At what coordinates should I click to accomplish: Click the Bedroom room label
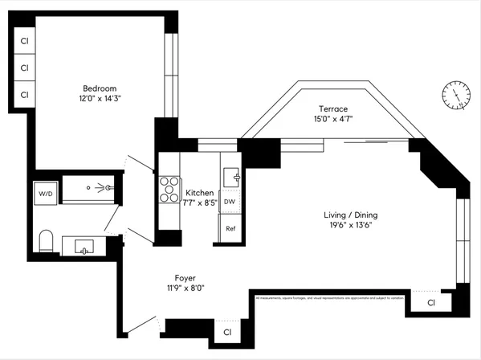pyautogui.click(x=100, y=88)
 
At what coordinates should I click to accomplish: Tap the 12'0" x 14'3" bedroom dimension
pyautogui.click(x=100, y=99)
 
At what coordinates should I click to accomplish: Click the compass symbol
pyautogui.click(x=455, y=96)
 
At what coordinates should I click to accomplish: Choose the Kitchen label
pyautogui.click(x=200, y=193)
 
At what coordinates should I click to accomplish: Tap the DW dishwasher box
pyautogui.click(x=230, y=202)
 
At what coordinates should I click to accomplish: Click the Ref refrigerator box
pyautogui.click(x=230, y=228)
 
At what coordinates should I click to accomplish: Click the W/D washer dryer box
pyautogui.click(x=44, y=193)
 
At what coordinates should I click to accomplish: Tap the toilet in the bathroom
pyautogui.click(x=46, y=240)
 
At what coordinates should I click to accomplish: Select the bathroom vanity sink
pyautogui.click(x=84, y=246)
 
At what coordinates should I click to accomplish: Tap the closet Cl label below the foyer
pyautogui.click(x=227, y=331)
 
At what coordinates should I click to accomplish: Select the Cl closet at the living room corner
pyautogui.click(x=431, y=303)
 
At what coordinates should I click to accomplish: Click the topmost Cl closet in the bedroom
pyautogui.click(x=25, y=41)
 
